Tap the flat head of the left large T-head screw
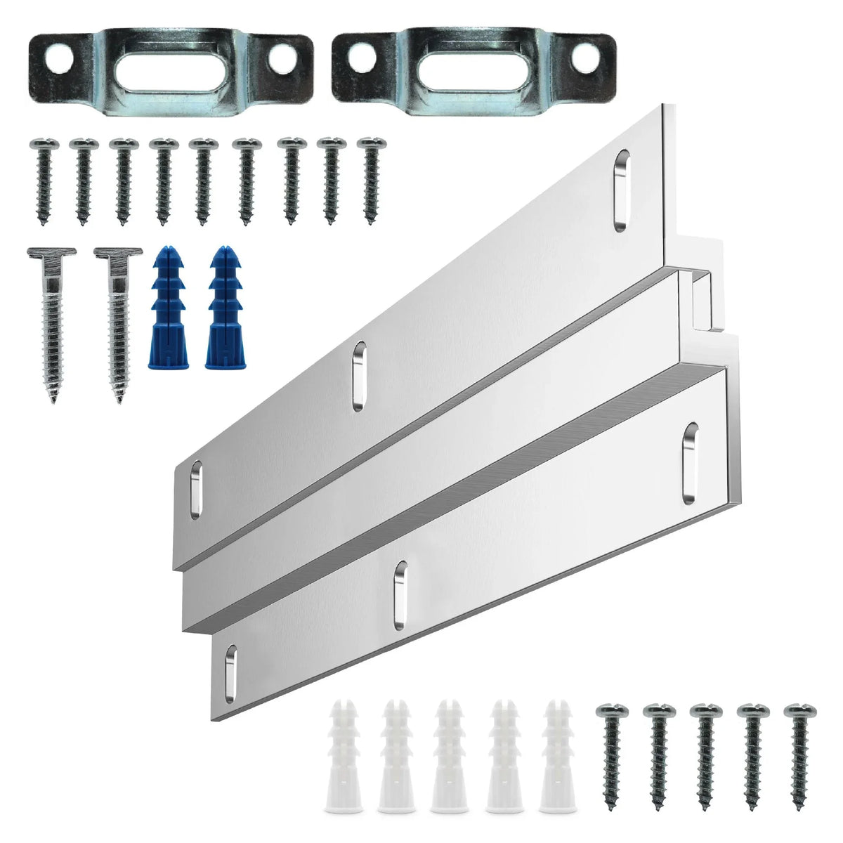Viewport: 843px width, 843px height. coord(51,253)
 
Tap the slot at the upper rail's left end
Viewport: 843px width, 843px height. coord(195,490)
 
